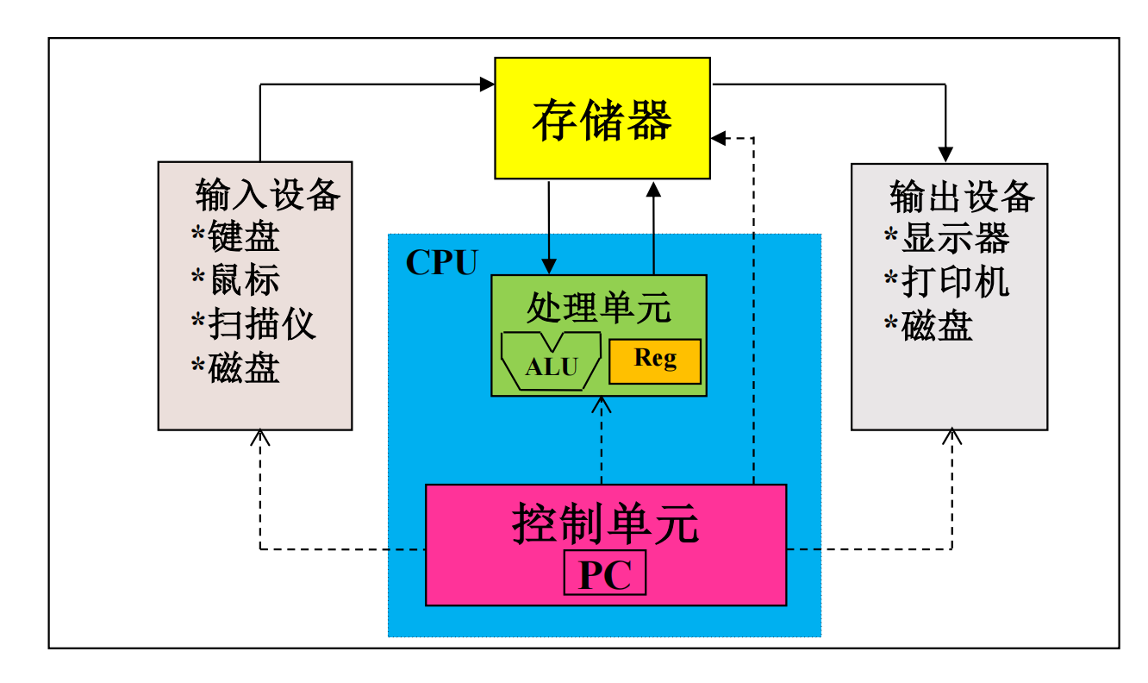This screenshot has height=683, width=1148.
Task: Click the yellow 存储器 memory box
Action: (602, 118)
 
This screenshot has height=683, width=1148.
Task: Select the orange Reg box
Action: (655, 360)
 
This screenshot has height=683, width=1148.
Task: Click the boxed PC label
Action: (604, 574)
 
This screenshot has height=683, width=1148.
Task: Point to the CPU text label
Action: (441, 263)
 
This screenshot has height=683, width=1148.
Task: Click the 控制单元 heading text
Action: (605, 523)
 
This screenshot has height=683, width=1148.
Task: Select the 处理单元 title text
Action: (598, 307)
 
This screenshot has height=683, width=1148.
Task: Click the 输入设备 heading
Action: (267, 195)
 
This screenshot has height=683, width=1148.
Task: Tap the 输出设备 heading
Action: (961, 197)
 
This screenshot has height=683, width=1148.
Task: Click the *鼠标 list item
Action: (235, 280)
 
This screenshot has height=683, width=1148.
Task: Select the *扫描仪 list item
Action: (253, 324)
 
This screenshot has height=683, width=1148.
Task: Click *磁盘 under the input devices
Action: (235, 368)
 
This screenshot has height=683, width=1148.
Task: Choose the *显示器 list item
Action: (946, 238)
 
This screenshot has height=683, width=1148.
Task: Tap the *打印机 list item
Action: (946, 282)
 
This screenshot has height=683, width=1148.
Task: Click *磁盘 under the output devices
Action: (928, 326)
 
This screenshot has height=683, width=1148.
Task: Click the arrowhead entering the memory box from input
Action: (488, 84)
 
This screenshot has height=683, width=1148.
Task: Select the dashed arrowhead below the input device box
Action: (260, 437)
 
